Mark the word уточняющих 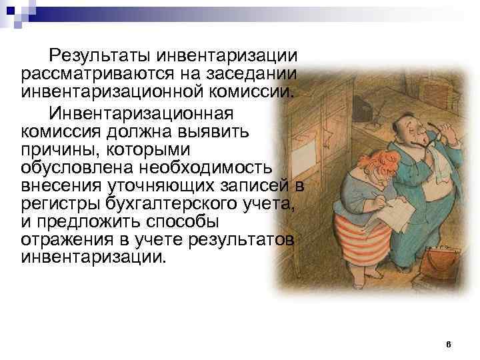[x=162, y=186]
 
